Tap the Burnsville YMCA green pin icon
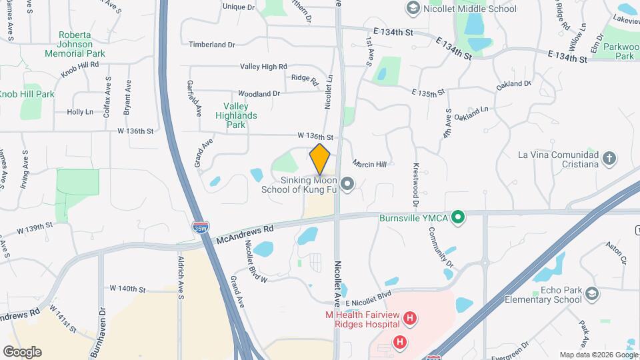pos(457,217)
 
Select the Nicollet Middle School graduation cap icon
pos(412,9)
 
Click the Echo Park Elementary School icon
pos(591,294)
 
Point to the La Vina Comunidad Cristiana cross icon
pos(608,159)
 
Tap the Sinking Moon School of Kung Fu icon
pos(347,183)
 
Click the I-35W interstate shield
pos(199,227)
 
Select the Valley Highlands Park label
pos(236,115)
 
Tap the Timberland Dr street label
pos(212,45)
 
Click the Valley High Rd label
pos(263,67)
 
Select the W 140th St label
pos(126,289)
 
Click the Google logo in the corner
pos(22,351)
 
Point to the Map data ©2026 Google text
pos(597,355)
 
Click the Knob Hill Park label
pos(27,94)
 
